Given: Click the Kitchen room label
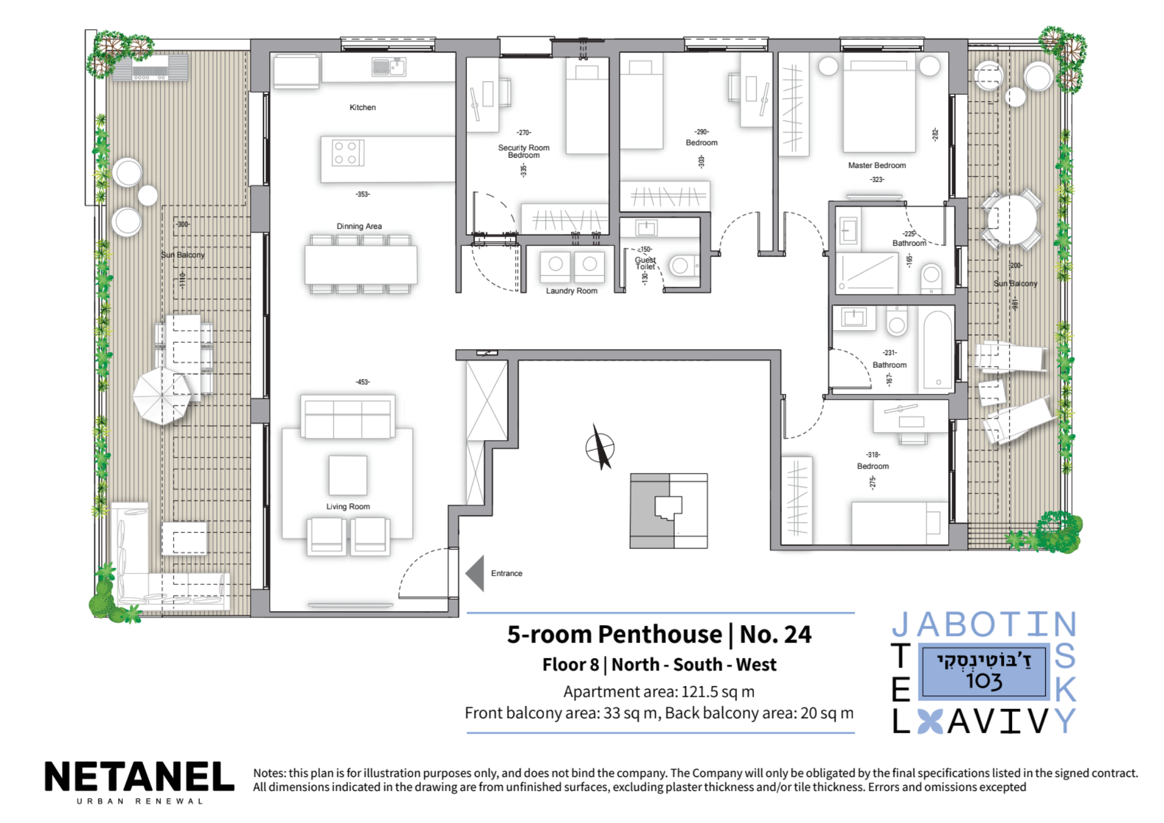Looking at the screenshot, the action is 363,107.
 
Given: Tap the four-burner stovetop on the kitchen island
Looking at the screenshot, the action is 347,152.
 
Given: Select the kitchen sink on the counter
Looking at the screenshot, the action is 389,68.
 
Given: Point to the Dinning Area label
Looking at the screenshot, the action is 359,226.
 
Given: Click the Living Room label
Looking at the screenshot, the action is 348,506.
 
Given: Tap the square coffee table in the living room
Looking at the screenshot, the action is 348,475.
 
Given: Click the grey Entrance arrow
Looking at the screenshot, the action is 475,573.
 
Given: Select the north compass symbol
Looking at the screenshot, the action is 600,448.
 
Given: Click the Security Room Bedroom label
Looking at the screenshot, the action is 524,151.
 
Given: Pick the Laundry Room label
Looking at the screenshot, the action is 572,290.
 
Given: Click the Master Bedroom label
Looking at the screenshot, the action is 877,165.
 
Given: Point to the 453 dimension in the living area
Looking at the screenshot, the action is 363,382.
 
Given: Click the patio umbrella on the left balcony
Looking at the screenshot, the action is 162,396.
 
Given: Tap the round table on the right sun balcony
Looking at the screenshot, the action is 1012,221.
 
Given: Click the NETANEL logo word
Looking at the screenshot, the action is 140,776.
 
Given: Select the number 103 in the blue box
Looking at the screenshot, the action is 984,680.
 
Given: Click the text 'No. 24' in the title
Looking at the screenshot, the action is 776,634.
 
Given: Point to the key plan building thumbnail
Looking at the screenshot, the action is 669,511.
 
